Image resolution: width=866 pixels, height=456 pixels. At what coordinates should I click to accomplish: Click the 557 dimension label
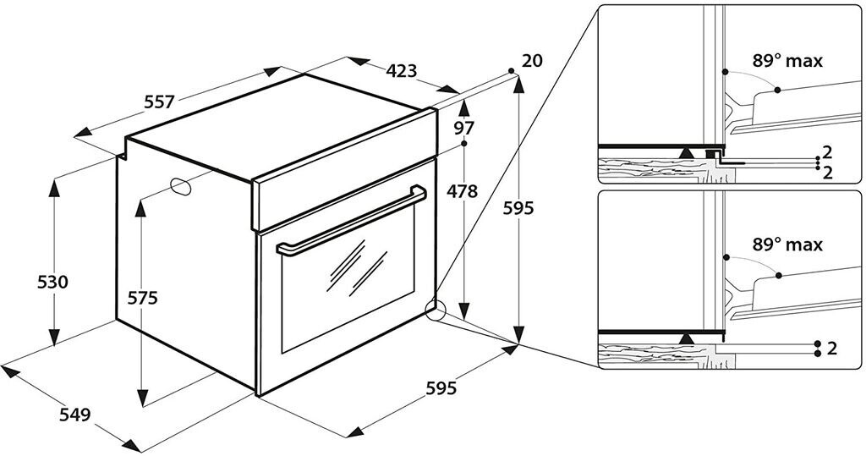pos(159,102)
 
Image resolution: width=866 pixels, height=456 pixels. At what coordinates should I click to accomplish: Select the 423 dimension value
pos(402,71)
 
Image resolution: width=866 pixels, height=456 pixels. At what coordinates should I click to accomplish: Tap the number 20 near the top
pos(532,60)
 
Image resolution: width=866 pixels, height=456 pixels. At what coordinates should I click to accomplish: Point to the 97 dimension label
pos(464,129)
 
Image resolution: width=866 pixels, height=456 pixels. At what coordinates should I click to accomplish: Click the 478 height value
pos(462,192)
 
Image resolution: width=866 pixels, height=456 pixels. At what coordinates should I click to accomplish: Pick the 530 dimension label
pos(52,282)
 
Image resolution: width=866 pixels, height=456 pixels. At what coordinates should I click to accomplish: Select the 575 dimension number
pos(142,298)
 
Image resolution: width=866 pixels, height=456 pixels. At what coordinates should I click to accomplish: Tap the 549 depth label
pos(74,414)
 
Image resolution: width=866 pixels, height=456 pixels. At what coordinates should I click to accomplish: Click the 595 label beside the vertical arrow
pos(518,208)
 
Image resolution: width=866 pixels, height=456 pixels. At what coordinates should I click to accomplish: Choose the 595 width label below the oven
pos(441,388)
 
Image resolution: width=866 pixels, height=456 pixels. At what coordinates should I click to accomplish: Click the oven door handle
pos(351,221)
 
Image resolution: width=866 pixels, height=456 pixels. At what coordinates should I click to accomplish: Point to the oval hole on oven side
pos(180,187)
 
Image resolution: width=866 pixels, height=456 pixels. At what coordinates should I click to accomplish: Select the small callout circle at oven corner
pos(436,310)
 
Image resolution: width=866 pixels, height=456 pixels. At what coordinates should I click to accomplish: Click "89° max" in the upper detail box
pos(787,60)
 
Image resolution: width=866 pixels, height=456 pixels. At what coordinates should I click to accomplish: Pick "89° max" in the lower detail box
pos(787,244)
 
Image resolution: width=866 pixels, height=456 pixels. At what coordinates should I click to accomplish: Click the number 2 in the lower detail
pos(832,349)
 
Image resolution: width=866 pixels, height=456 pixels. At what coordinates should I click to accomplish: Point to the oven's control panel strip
pos(345,169)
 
